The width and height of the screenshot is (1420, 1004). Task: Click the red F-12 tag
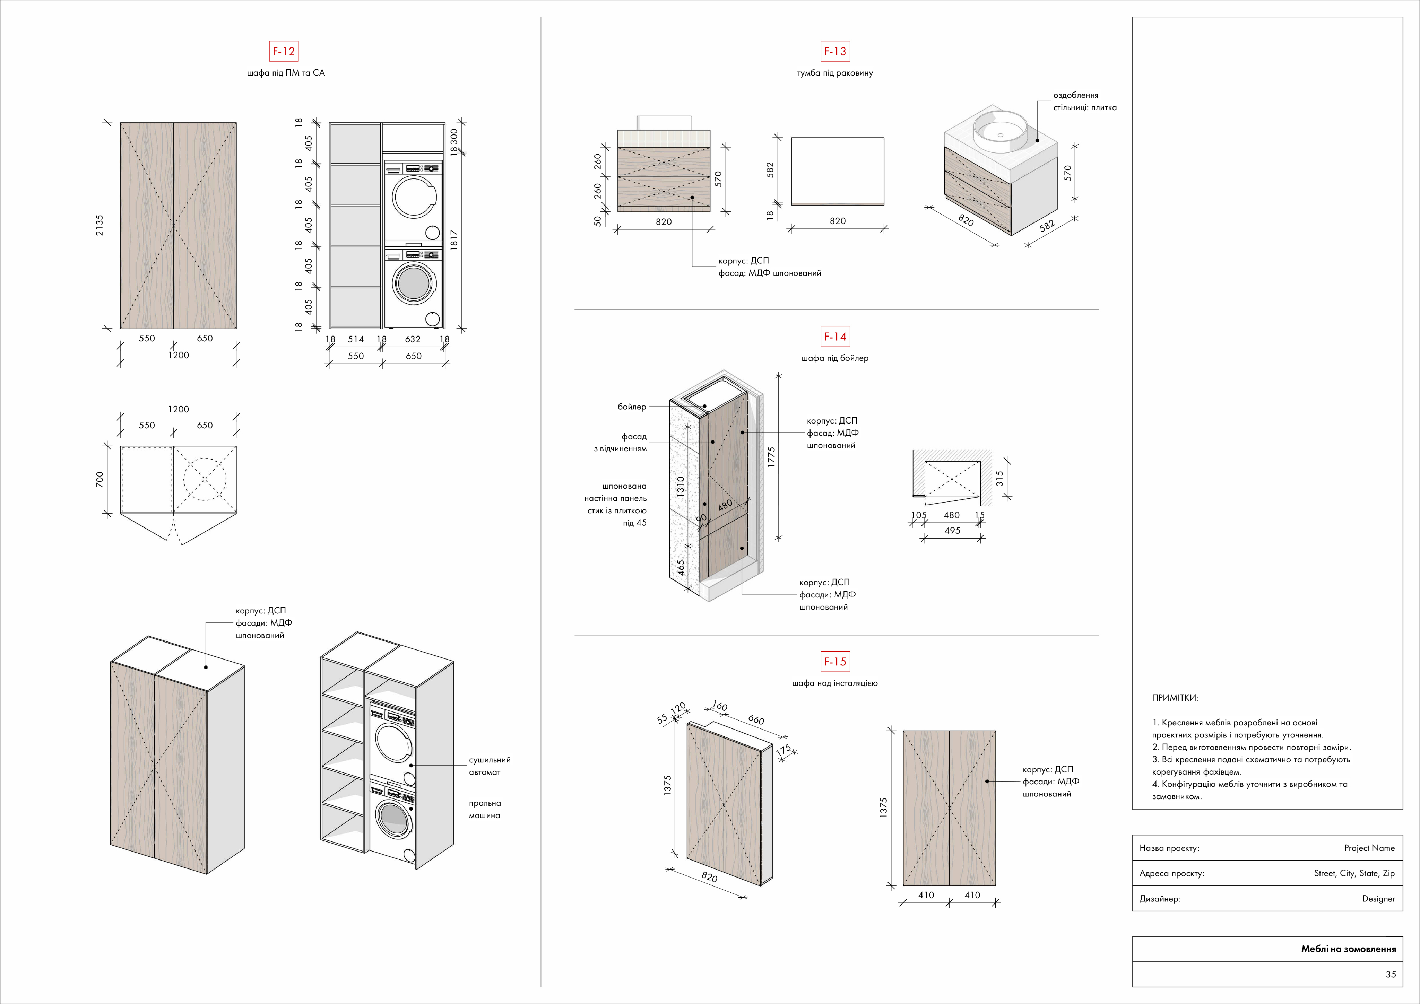[x=284, y=51]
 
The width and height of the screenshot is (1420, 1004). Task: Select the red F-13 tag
[x=835, y=51]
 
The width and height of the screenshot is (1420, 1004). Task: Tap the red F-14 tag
[x=835, y=337]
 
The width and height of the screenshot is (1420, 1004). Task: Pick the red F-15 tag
[x=835, y=662]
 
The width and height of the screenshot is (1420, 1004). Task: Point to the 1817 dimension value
[x=454, y=240]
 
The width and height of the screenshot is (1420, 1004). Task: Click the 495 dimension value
[x=952, y=531]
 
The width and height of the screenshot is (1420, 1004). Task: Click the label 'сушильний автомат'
[x=489, y=766]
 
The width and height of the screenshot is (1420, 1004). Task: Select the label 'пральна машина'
[x=484, y=809]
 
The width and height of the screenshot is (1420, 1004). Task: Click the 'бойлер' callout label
[x=631, y=407]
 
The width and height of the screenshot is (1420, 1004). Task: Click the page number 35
[x=1390, y=974]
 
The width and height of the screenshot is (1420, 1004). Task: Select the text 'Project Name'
[x=1369, y=848]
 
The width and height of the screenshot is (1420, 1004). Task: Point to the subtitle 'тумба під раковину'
[x=835, y=73]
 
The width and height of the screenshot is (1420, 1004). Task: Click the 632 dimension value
[x=413, y=339]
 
